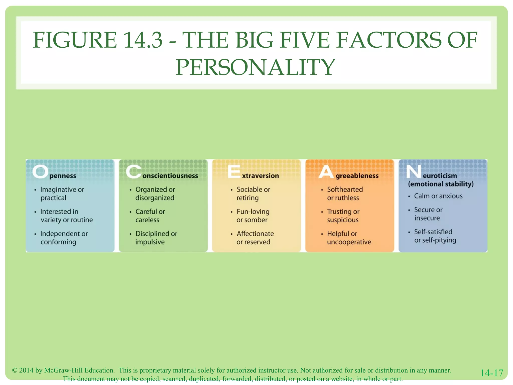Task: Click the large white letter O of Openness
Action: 40,172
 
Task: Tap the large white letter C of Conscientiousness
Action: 134,172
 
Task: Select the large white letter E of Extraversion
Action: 234,172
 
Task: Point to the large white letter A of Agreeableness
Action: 326,172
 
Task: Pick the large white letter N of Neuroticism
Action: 414,172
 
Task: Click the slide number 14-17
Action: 491,373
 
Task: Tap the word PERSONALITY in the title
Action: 255,67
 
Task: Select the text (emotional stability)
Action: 441,184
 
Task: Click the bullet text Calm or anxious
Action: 438,196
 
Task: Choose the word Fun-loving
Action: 253,212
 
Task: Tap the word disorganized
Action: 155,198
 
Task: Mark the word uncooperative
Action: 349,242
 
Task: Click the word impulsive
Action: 150,242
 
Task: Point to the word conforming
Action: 58,242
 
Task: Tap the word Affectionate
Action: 255,234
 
